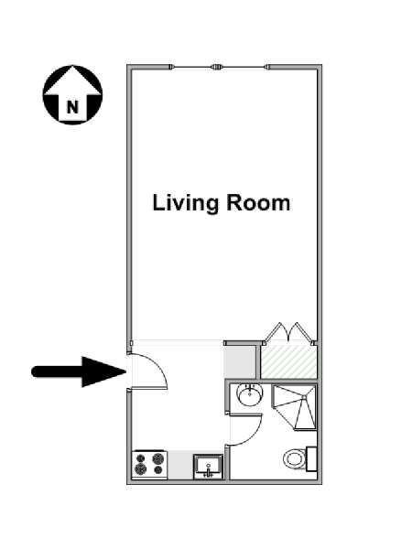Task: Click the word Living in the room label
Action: pos(186,203)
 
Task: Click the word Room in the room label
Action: pos(258,202)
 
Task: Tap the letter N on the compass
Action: pos(72,107)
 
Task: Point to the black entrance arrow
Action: pos(79,371)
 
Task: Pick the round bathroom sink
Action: pos(249,394)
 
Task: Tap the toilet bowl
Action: pos(294,458)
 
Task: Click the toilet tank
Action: pos(311,458)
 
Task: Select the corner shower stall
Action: pos(295,407)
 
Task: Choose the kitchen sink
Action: pos(208,467)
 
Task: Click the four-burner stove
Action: pos(149,464)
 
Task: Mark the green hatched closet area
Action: pos(289,361)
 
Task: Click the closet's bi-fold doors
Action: pos(288,331)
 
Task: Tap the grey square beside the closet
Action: pos(239,362)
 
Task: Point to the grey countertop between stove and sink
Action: pos(180,465)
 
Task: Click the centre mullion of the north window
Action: pos(216,67)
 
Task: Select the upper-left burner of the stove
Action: pos(140,458)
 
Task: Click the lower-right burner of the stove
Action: pos(158,470)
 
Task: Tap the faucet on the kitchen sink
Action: pos(209,473)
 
